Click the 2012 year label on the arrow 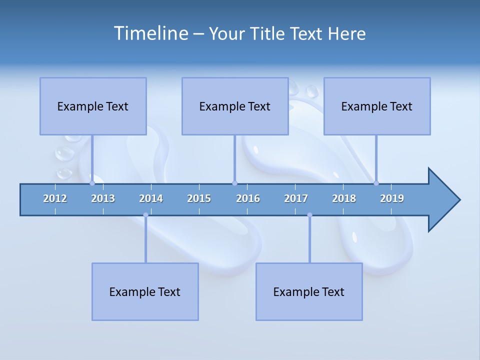pos(55,198)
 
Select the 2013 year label pos(103,198)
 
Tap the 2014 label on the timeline pos(151,198)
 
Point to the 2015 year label pos(199,198)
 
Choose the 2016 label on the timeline pos(248,198)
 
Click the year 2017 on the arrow pos(296,198)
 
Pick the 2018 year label pos(344,198)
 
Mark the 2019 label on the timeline pos(392,198)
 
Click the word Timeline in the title pos(150,33)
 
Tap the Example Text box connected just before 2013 pos(93,106)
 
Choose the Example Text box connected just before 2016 pos(235,106)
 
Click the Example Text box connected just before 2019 pos(377,106)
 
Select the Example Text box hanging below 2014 pos(145,291)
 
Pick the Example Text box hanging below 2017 pos(309,291)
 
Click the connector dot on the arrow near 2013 pos(92,183)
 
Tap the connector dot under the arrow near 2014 pos(145,215)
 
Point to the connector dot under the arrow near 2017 pos(309,215)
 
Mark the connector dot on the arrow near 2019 pos(376,183)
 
